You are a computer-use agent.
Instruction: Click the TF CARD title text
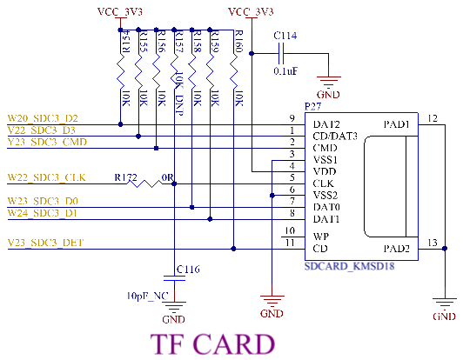point(212,344)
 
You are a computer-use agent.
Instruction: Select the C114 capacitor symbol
point(281,53)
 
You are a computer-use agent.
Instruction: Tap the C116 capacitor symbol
point(174,278)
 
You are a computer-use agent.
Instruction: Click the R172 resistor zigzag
point(144,183)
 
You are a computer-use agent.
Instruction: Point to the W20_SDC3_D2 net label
point(43,118)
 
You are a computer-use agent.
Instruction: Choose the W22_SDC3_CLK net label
point(46,177)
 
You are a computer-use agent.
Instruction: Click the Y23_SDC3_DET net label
point(45,243)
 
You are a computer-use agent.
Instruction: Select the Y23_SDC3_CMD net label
point(47,143)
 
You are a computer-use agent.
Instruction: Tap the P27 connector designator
point(312,106)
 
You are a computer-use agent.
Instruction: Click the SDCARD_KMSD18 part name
point(349,266)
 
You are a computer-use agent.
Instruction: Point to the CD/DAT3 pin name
point(335,136)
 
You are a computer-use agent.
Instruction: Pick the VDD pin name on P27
point(325,171)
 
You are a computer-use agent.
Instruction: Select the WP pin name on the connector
point(320,237)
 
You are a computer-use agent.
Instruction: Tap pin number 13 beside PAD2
point(433,243)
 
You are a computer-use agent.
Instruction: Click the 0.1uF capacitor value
point(285,71)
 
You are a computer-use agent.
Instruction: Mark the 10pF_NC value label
point(147,296)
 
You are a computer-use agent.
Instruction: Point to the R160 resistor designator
point(238,42)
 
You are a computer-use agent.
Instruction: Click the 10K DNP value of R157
point(179,94)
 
